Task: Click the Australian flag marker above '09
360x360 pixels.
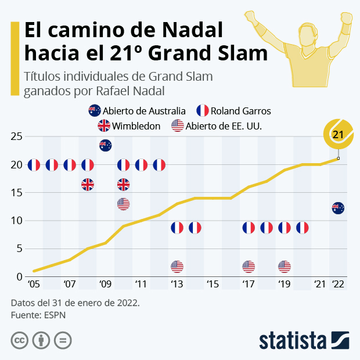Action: pos(105,146)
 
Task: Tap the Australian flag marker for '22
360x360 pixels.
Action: pos(338,208)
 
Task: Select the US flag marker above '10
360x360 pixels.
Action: pos(123,204)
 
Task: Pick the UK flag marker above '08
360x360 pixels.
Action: pos(87,185)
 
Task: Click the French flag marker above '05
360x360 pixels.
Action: pos(34,165)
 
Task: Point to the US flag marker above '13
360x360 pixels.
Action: pos(177,267)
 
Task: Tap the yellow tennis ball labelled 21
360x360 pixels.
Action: pos(337,134)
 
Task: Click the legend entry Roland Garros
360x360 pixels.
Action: pos(233,111)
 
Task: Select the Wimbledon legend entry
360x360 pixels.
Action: pos(129,125)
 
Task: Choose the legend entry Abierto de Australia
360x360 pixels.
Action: pos(137,111)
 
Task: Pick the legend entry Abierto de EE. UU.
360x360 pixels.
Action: pos(217,125)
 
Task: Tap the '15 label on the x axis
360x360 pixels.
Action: pos(212,285)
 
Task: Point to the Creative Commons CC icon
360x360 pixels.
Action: pos(19,340)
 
